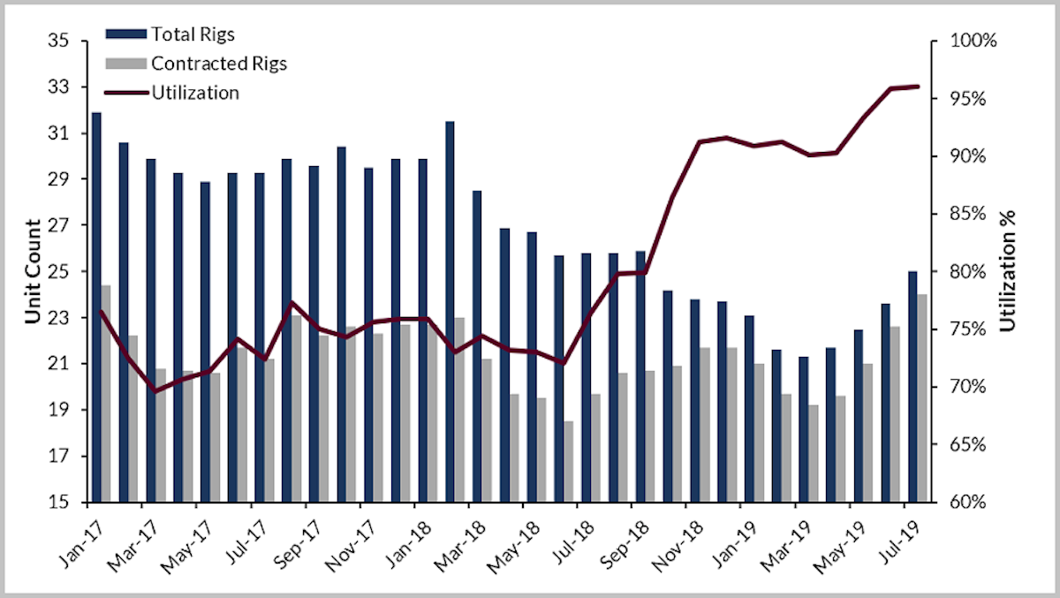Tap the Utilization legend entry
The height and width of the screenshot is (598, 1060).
(x=194, y=93)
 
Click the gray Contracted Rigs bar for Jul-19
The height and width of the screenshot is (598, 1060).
(x=922, y=398)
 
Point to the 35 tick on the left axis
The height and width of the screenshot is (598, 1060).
(x=64, y=42)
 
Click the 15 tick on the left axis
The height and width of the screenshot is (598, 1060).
(x=64, y=503)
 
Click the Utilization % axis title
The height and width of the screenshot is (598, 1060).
(x=1008, y=272)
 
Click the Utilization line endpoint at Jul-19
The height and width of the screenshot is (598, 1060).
(x=918, y=87)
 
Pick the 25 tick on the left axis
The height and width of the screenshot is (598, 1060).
(x=64, y=272)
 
